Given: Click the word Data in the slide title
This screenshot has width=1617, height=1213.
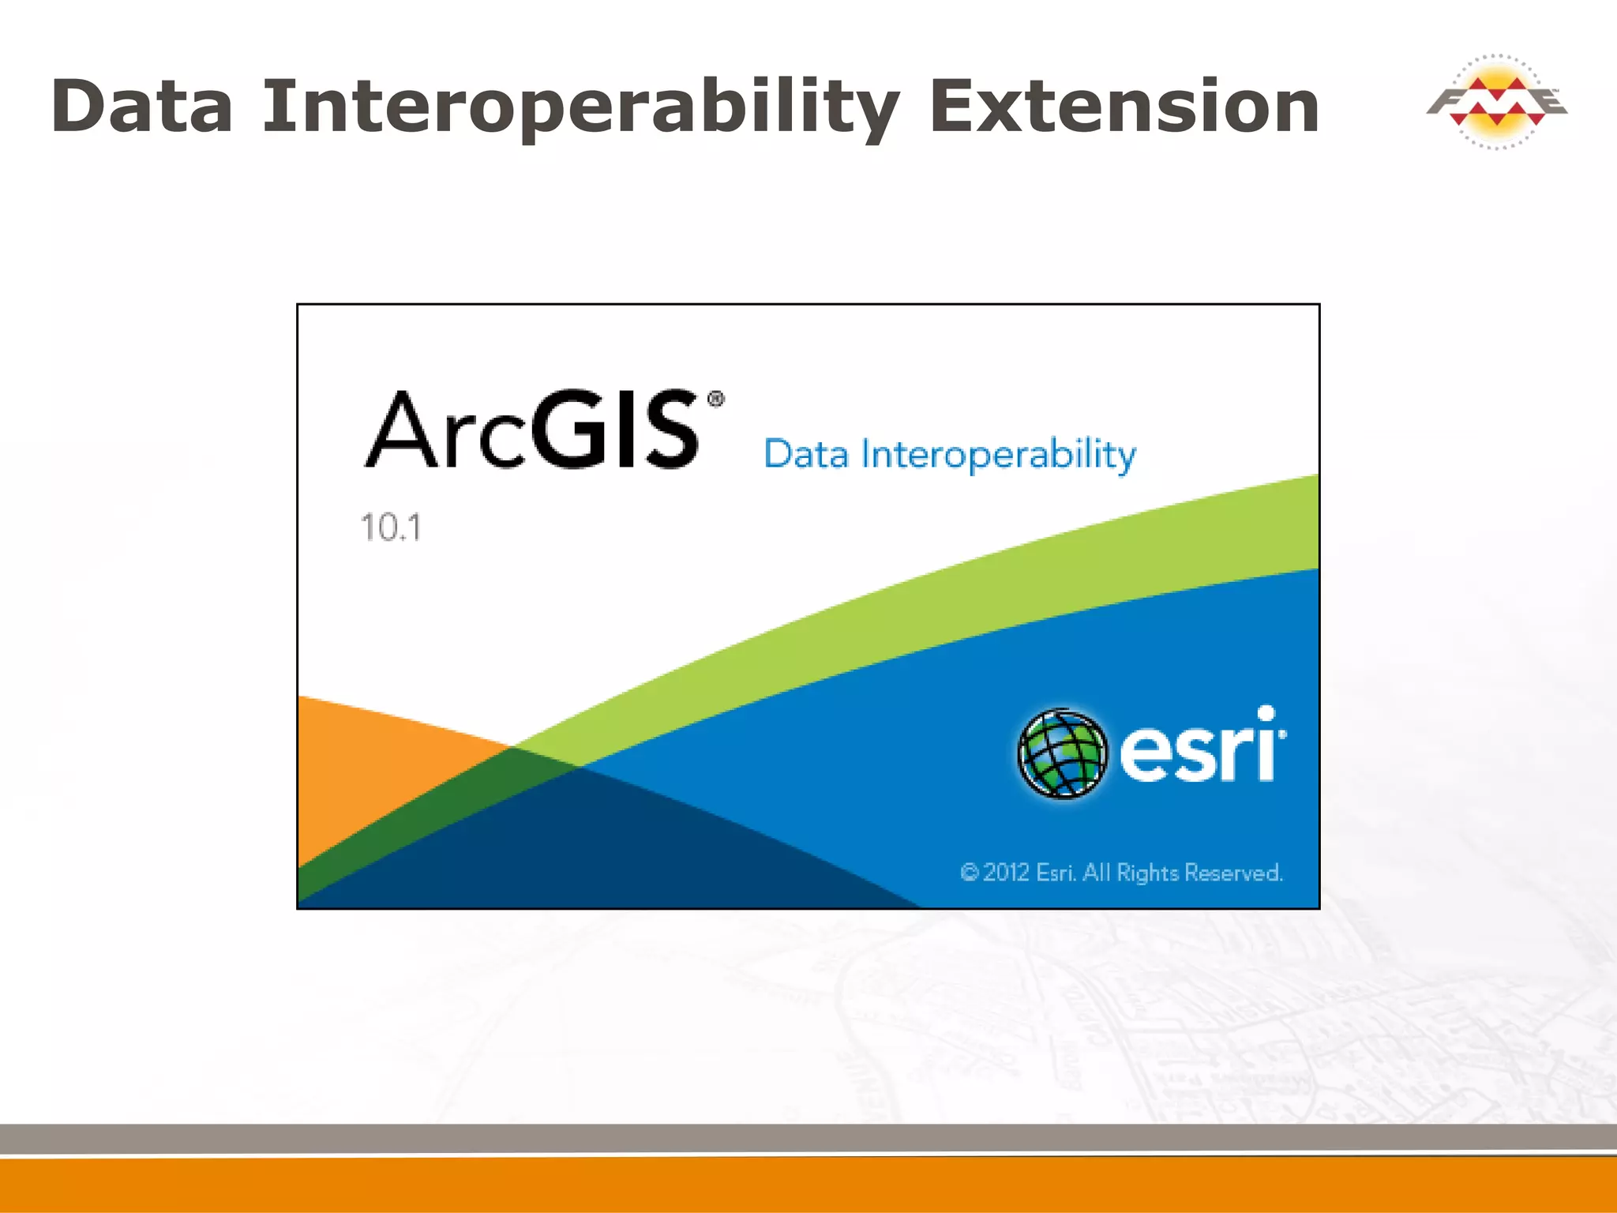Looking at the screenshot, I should [x=142, y=107].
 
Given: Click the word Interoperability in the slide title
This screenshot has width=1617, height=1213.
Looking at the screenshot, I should [x=580, y=107].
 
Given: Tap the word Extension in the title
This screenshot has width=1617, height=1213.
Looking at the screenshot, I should [x=1124, y=107].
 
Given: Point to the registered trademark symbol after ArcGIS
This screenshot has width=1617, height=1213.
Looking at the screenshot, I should [x=715, y=399].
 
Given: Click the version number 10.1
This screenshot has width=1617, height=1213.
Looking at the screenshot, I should [x=391, y=528].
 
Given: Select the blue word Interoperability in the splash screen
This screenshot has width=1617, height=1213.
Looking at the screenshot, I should [x=999, y=455].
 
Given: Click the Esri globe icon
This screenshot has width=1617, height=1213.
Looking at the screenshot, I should [x=1062, y=753].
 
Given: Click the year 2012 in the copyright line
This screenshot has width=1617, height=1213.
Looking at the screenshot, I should [x=1006, y=873].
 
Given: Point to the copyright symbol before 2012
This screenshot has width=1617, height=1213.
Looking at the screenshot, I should [x=970, y=873].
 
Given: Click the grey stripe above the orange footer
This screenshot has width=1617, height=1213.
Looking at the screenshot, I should [x=808, y=1137].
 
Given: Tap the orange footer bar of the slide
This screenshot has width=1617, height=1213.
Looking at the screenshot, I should [x=808, y=1185].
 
